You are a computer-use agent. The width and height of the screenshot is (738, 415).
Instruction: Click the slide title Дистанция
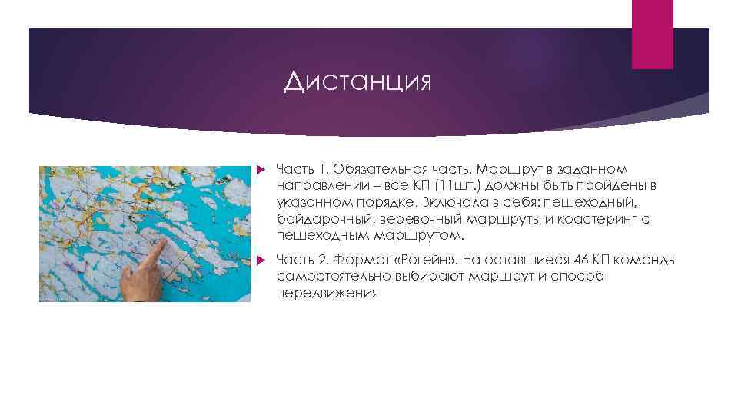click(x=357, y=81)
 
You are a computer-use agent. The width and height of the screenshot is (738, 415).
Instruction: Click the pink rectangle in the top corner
click(x=652, y=34)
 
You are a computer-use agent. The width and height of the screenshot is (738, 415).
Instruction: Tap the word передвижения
click(x=327, y=294)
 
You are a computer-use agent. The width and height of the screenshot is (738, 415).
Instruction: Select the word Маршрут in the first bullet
click(x=506, y=168)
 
